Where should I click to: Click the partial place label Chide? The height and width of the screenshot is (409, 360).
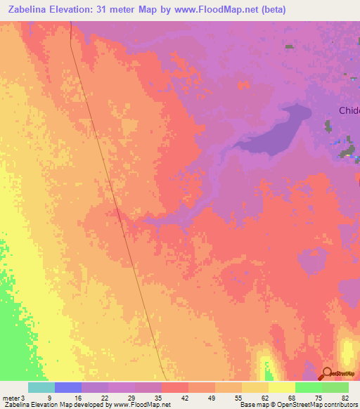tap(349, 110)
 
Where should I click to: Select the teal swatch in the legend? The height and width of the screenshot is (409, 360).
tap(41, 387)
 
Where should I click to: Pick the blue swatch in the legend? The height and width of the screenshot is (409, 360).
tap(68, 387)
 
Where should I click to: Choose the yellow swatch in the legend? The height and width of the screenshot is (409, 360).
tap(282, 387)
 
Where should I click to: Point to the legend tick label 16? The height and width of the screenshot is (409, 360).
tap(77, 397)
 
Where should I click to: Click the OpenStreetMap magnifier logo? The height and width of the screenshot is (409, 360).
tap(327, 374)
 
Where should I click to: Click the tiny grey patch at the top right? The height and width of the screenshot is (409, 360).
tap(290, 46)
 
